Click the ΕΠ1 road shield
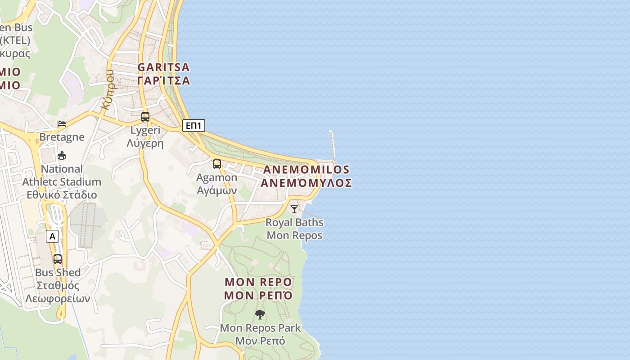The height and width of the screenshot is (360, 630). pos(193,126)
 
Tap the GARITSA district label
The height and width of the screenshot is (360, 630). pos(163,67)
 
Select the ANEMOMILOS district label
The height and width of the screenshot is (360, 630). pos(306,170)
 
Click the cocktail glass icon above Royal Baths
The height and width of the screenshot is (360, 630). pos(294,209)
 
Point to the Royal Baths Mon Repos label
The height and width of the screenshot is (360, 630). pos(294,229)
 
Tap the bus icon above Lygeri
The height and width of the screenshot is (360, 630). pos(145,117)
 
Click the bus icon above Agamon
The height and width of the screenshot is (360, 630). pos(217,164)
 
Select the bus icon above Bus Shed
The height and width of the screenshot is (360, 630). pos(58,259)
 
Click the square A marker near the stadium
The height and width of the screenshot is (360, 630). pos(52,236)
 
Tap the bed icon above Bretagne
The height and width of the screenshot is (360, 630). pos(62,124)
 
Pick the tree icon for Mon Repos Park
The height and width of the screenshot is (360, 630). pos(260,314)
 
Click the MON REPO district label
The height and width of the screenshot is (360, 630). pos(258,282)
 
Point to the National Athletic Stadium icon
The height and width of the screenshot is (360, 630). pos(62,156)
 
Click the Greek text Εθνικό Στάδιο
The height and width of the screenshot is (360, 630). pos(62,195)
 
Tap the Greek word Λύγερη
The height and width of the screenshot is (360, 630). pos(145,144)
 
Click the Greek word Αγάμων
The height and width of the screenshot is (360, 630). pos(217,190)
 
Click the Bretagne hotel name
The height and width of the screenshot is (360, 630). pos(62,137)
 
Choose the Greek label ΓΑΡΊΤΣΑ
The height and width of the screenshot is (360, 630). pos(163,81)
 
